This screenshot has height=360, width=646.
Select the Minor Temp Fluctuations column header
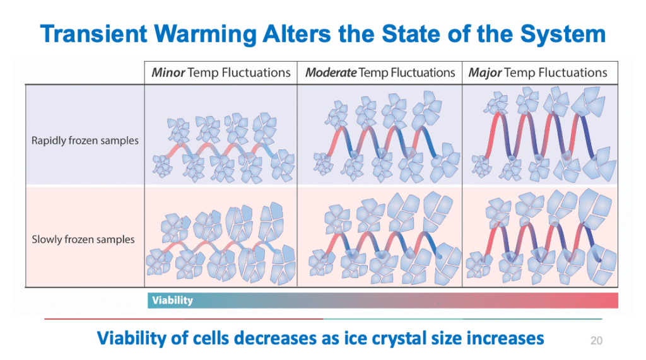[x=221, y=73]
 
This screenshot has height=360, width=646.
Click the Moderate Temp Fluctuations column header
[x=380, y=73]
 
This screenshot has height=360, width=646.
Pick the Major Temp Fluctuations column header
[x=537, y=73]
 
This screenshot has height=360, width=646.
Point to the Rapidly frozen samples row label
[x=85, y=140]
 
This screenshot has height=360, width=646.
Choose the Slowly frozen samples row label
[x=83, y=239]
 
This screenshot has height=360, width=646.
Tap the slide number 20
[x=596, y=341]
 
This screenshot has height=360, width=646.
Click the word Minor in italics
[x=168, y=73]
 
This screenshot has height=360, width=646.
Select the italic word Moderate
[x=331, y=73]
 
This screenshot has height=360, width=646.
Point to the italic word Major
[x=484, y=73]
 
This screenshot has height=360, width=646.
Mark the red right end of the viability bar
[x=609, y=300]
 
